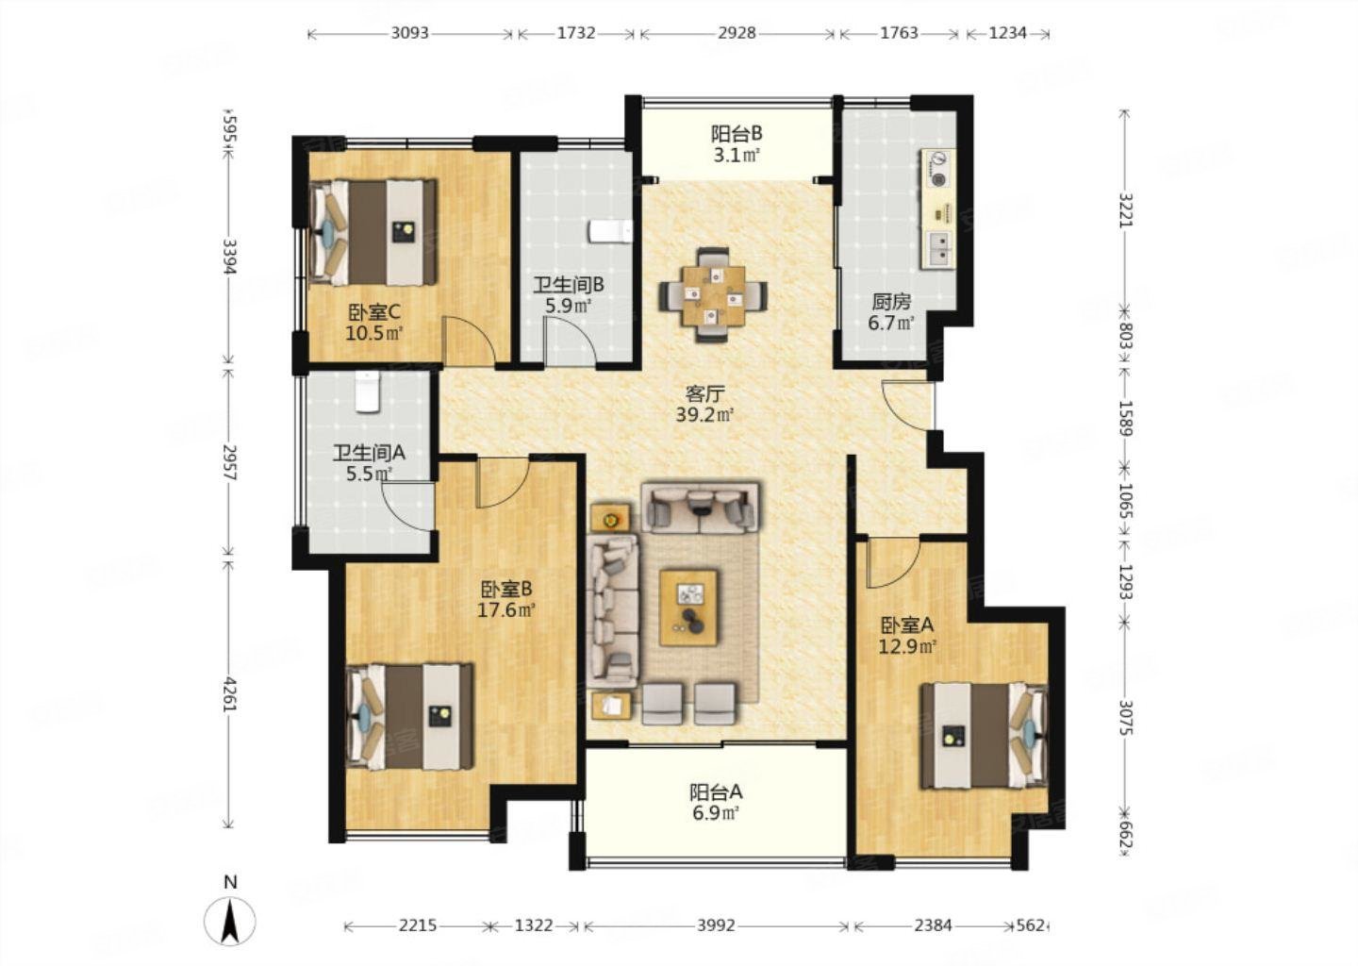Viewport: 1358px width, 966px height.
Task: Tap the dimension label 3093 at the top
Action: (x=409, y=33)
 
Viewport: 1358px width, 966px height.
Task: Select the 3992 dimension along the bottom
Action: (x=716, y=925)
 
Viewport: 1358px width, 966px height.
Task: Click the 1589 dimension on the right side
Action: (x=1125, y=417)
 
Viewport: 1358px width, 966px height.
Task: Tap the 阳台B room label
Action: (x=736, y=133)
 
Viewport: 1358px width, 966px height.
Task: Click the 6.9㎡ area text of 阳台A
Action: (x=716, y=812)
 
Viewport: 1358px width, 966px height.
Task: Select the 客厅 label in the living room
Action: (x=704, y=393)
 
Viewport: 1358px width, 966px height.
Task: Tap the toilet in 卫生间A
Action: (x=368, y=391)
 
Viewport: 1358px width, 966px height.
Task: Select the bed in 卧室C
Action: (x=373, y=232)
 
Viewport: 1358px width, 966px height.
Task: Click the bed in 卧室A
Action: (x=984, y=736)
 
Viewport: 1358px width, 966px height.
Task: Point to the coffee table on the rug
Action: (x=688, y=607)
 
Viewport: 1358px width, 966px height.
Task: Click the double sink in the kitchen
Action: (x=939, y=250)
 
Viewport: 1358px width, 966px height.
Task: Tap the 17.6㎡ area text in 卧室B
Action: (x=506, y=609)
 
